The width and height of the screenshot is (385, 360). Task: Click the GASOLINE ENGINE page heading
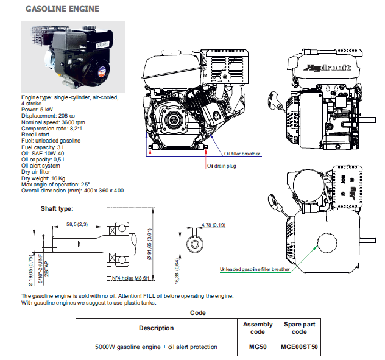(x=63, y=10)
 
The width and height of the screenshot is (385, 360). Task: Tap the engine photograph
(x=73, y=56)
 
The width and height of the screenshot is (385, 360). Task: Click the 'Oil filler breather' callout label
(x=242, y=154)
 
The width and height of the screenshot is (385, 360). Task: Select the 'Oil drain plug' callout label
(x=221, y=165)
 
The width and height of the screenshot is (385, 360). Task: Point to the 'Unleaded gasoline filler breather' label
(x=255, y=269)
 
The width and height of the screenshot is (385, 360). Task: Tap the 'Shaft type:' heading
(x=57, y=209)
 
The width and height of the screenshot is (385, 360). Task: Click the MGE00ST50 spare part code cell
(x=298, y=347)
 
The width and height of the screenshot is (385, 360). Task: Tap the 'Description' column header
(x=157, y=328)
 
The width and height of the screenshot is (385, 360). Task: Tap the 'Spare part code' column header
(x=298, y=328)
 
